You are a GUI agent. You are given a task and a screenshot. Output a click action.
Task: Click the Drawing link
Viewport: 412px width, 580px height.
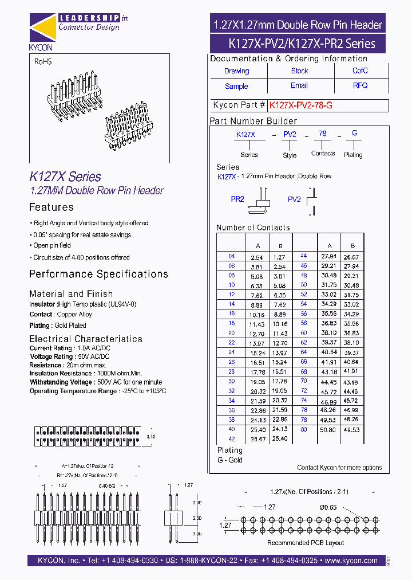click(236, 71)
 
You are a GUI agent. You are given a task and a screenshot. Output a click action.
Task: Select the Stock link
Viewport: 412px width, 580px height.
click(299, 71)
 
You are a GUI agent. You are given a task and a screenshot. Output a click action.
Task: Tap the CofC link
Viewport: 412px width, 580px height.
click(360, 71)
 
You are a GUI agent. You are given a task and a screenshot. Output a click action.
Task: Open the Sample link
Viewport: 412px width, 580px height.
click(236, 86)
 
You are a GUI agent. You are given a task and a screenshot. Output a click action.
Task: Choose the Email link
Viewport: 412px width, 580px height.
click(299, 85)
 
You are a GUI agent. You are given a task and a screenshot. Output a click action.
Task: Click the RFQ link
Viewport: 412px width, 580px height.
click(360, 85)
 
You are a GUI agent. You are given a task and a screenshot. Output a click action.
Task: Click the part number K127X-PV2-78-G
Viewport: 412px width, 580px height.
click(300, 105)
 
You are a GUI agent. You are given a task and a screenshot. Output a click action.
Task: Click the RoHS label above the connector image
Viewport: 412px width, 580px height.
click(43, 61)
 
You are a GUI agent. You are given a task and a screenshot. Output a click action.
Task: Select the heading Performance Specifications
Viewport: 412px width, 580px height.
click(98, 274)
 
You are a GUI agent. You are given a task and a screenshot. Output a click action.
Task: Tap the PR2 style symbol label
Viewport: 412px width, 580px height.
click(237, 199)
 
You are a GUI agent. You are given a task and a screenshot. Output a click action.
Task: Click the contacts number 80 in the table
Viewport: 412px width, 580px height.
click(304, 429)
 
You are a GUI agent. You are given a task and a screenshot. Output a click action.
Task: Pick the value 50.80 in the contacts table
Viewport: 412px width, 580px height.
click(328, 429)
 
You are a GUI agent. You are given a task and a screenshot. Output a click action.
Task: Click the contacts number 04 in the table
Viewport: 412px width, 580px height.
click(231, 257)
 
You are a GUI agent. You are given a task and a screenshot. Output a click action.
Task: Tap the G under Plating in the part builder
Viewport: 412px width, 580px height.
click(355, 133)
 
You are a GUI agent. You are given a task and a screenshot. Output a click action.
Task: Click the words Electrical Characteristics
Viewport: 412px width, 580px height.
click(86, 339)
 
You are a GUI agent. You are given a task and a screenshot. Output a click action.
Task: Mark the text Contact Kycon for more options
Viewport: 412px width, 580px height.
click(339, 468)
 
